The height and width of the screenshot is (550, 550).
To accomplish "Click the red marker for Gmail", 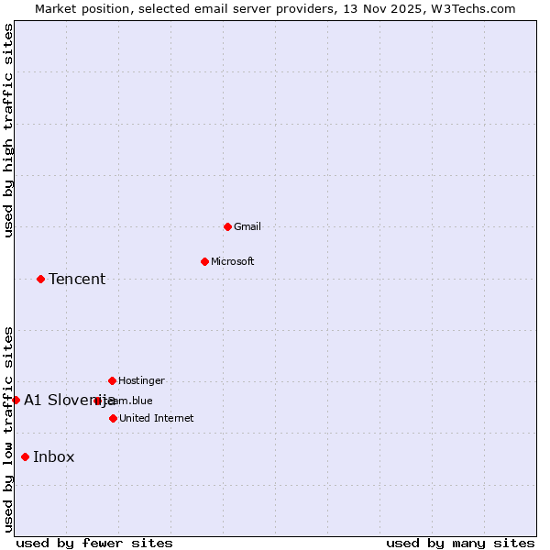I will coord(227,226).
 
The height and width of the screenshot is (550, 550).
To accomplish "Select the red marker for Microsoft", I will coord(204,261).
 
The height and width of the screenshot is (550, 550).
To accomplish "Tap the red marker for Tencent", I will coord(40,279).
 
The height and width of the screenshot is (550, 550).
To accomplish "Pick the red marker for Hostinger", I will coord(112,380).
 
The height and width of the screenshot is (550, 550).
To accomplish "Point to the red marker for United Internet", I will coord(113,418).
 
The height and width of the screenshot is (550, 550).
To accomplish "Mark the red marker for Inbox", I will coord(25,456).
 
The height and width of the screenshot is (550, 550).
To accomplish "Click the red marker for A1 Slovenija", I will coord(16,400).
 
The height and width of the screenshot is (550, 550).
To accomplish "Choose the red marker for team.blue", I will coord(97,401).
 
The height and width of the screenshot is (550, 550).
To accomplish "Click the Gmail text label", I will coord(247,227).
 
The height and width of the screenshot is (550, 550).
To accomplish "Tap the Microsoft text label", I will coord(233,262).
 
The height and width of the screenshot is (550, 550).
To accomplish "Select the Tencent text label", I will coord(77,280).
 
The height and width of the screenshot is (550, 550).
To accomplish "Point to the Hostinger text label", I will coord(141,381).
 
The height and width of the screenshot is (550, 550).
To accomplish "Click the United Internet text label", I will coord(156,419).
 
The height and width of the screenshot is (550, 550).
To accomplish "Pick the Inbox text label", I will coord(54,457).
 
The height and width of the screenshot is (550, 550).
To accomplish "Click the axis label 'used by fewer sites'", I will coord(94,543).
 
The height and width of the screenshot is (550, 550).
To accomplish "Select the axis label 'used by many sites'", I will coord(460,543).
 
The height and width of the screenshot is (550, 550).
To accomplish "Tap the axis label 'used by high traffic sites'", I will coord(8,130).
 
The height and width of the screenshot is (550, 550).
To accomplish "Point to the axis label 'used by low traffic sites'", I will coord(8,429).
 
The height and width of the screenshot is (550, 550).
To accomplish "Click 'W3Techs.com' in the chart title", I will coord(477,9).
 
